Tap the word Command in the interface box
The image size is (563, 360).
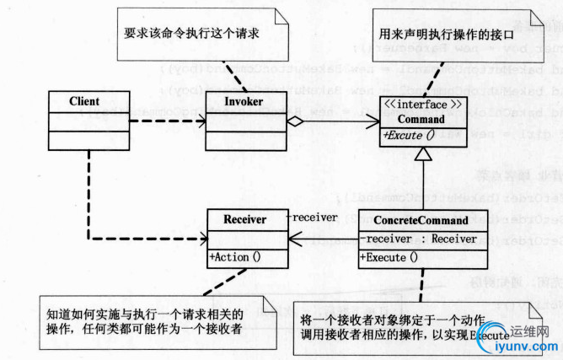[421, 119]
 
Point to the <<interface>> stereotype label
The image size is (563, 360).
[421, 105]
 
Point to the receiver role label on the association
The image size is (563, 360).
[314, 218]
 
